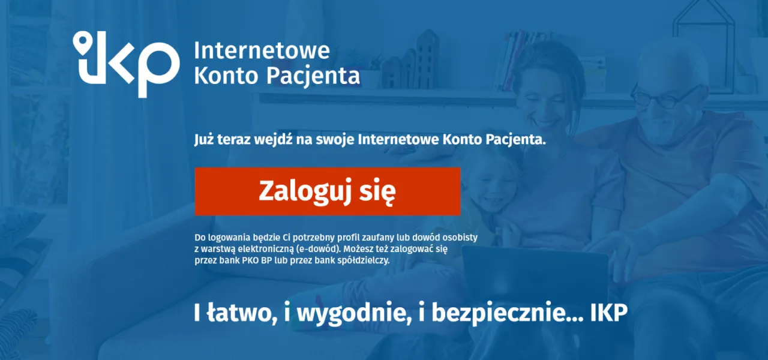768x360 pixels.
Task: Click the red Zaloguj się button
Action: tap(327, 191)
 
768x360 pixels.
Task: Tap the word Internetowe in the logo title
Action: tap(262, 50)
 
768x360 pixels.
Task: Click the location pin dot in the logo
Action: tap(82, 41)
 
